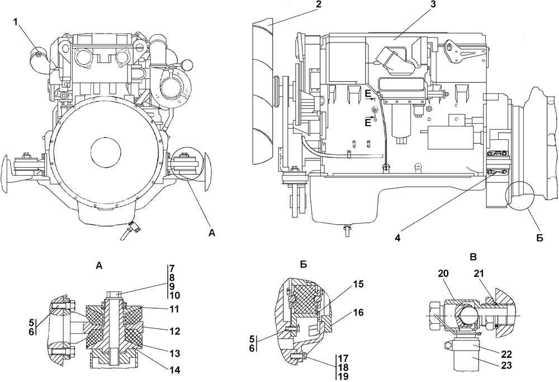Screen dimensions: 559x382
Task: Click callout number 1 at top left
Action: [x=15, y=22]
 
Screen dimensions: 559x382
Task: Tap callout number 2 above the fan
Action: [x=319, y=4]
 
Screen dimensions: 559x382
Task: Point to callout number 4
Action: [x=397, y=238]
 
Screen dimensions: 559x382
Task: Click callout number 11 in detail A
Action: [x=174, y=309]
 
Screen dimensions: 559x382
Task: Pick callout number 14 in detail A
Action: [x=174, y=370]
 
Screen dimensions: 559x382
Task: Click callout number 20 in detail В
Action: [x=444, y=273]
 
